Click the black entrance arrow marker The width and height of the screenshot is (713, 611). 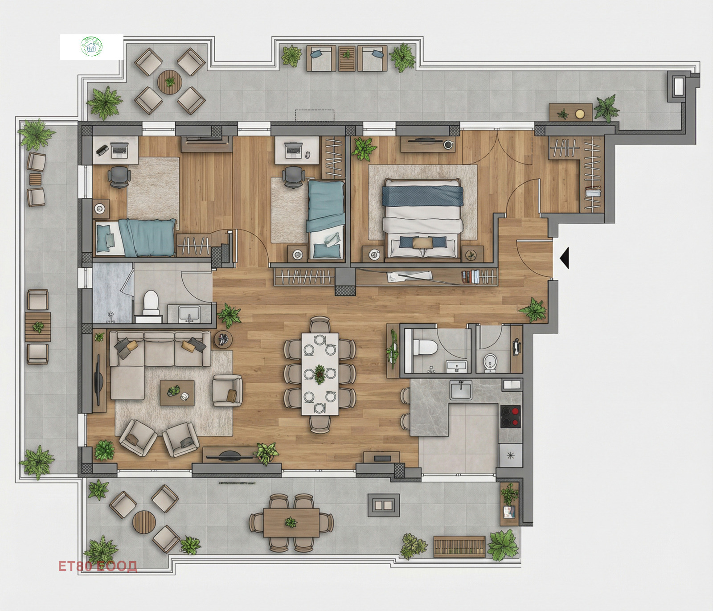[x=565, y=258]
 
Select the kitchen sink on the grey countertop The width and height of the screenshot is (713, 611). [x=461, y=390]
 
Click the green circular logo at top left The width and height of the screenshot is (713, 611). [x=91, y=46]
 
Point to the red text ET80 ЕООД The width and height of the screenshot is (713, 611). [x=98, y=566]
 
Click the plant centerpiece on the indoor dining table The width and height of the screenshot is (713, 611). [x=320, y=374]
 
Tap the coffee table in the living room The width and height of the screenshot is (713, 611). [x=177, y=393]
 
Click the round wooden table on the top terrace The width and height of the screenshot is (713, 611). [x=169, y=82]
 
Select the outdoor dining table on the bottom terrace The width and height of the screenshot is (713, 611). [x=291, y=522]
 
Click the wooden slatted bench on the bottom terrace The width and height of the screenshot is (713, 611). [x=459, y=546]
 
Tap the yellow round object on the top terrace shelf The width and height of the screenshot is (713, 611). [x=579, y=114]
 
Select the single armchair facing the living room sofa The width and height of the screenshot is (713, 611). [x=227, y=390]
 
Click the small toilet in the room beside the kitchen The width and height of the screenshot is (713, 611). [x=490, y=362]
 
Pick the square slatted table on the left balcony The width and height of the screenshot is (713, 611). [x=38, y=327]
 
